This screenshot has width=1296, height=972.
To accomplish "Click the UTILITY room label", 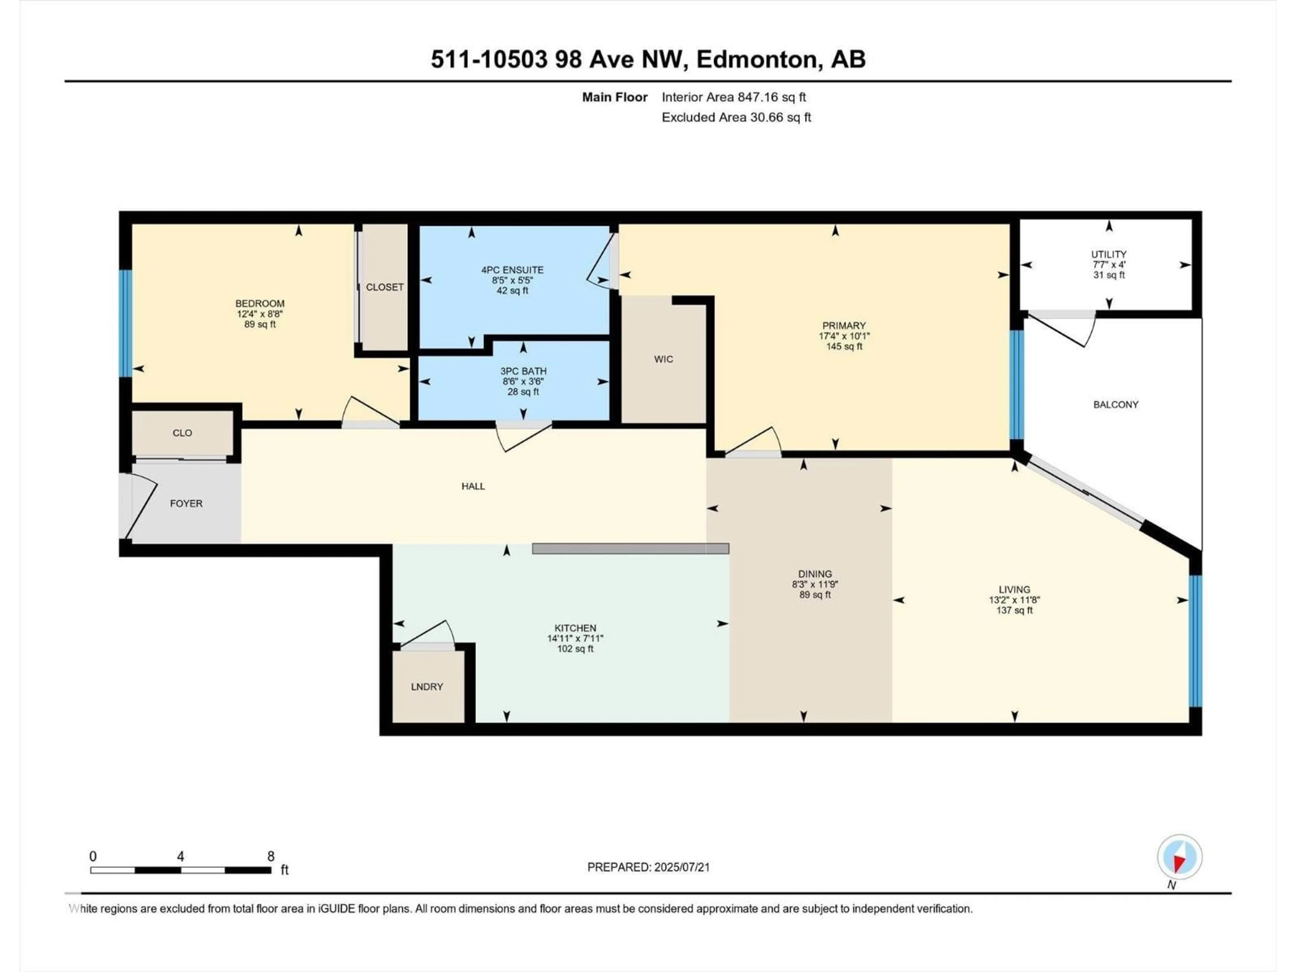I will [x=1108, y=254].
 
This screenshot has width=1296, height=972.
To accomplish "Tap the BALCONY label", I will [x=1115, y=404].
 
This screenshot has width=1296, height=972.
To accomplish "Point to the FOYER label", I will [x=186, y=503].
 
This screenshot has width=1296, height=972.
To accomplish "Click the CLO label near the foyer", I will [x=182, y=433].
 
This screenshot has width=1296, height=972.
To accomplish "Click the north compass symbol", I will [x=1180, y=857].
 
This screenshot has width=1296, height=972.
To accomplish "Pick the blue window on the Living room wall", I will [x=1195, y=641].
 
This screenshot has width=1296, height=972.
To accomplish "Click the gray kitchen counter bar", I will [x=630, y=548].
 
